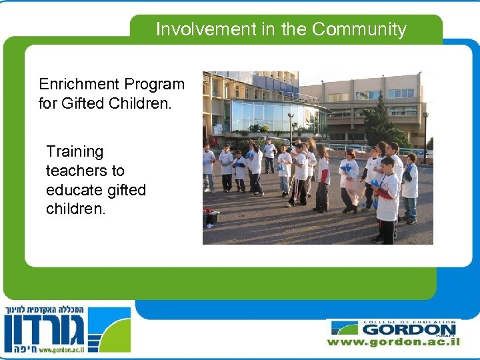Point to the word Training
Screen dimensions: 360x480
point(75,152)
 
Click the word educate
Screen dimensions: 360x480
point(73,190)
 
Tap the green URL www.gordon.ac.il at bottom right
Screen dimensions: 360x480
point(393,341)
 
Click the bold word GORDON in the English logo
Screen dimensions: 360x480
point(409,329)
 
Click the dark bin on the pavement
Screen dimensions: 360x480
point(212,217)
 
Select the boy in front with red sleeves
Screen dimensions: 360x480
point(386,200)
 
